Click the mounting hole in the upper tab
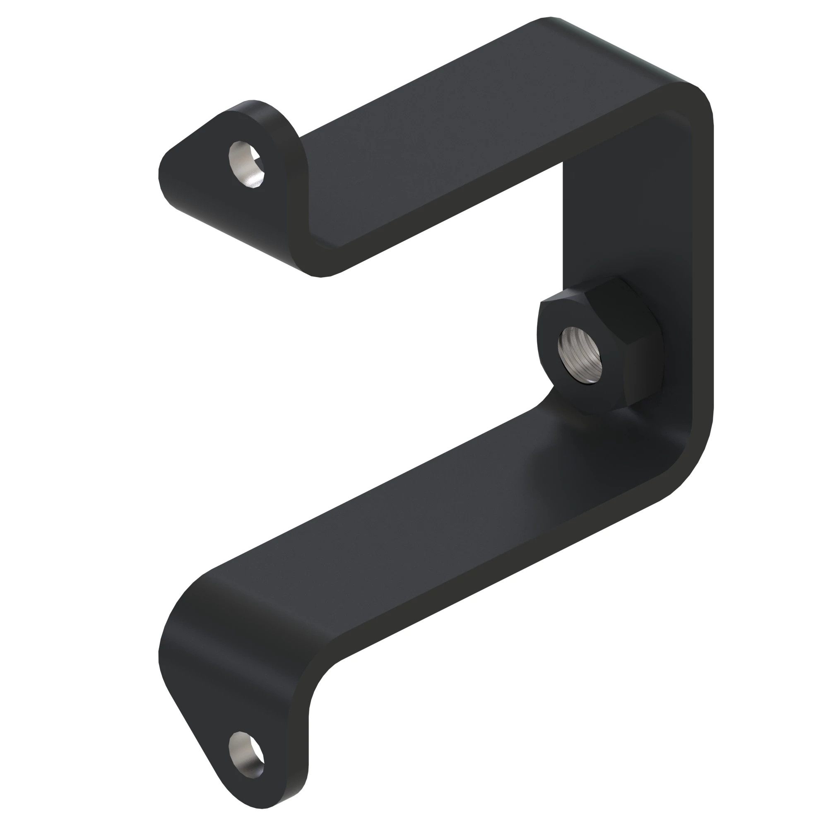[246, 165]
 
